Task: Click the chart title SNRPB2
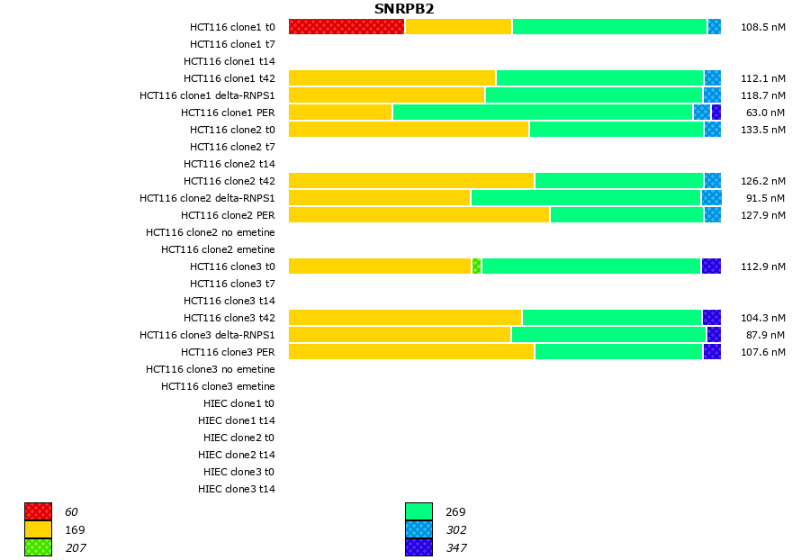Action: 404,9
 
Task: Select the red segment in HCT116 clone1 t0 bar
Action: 346,27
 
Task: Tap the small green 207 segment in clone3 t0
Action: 476,266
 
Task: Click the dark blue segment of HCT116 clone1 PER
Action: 716,113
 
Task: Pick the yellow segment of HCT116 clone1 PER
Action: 340,113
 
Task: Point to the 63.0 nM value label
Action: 762,113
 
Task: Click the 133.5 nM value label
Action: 762,130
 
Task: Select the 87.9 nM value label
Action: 762,335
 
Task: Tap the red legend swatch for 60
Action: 38,511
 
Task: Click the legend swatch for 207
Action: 38,547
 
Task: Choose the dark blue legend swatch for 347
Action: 418,547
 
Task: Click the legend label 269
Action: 455,512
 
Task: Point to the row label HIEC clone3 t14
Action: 237,489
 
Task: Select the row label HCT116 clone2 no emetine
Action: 211,232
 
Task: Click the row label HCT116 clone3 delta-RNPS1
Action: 207,335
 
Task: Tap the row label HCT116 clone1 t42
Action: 229,78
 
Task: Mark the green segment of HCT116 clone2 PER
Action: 626,215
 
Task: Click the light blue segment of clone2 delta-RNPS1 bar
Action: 711,198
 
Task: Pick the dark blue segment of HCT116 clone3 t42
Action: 711,318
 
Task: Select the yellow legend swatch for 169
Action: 38,529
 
